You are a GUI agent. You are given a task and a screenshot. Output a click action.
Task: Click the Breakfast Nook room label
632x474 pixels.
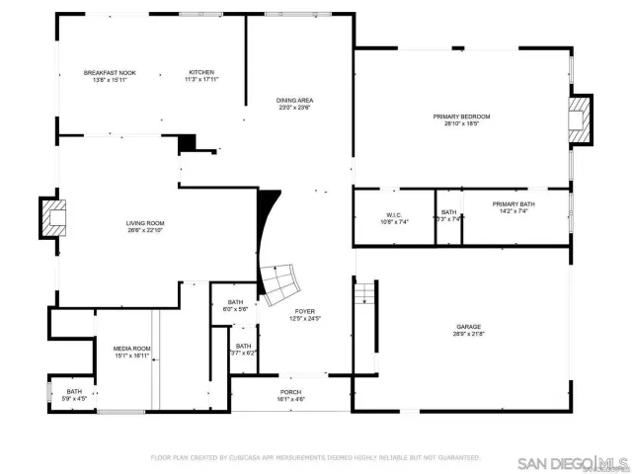tap(110, 72)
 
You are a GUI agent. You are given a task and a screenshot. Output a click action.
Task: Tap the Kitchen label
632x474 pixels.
tap(201, 72)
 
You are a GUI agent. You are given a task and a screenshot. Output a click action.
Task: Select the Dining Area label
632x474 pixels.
tap(295, 101)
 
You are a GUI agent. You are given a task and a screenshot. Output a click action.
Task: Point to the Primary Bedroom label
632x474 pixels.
tap(461, 117)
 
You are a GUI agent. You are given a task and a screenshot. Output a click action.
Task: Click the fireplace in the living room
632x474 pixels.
tap(52, 217)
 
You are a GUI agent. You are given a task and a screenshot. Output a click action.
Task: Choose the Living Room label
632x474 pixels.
tap(144, 223)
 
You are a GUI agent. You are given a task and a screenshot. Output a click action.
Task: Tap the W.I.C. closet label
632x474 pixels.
tap(392, 215)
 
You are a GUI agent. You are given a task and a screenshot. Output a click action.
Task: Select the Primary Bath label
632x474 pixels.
tap(513, 204)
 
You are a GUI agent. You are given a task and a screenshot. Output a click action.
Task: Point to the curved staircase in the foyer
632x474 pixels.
tap(281, 279)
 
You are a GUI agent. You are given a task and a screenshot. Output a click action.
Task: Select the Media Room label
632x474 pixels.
tap(131, 348)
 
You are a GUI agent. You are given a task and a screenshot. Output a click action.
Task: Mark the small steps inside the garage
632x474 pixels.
tap(365, 292)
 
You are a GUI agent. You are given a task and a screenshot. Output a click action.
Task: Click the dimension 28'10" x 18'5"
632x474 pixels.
tap(461, 124)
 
